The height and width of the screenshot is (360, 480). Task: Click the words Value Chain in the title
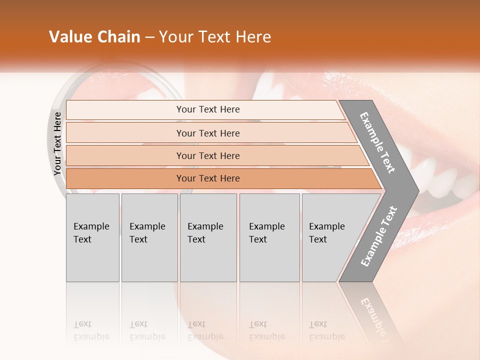[94, 37]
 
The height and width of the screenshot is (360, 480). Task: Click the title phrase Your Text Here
[215, 37]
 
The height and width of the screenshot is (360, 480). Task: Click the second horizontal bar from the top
[207, 133]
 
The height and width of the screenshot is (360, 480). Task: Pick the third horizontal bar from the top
[207, 155]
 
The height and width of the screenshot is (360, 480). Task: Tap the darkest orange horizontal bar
[207, 178]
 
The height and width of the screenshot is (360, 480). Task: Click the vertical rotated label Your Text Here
[57, 144]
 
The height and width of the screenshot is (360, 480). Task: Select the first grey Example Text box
[92, 237]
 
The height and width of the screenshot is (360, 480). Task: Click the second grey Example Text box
[149, 237]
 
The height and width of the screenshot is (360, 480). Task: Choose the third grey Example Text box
[207, 237]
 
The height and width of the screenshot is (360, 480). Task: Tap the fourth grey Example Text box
[269, 237]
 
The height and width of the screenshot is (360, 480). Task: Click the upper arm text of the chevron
[377, 143]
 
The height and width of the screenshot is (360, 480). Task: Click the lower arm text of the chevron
[378, 236]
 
